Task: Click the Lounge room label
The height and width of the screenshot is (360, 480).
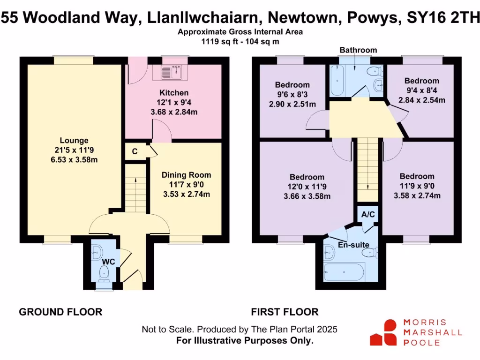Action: click(x=74, y=140)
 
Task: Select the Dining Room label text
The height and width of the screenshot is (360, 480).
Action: click(x=186, y=175)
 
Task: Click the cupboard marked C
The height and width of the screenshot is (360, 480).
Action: click(x=135, y=151)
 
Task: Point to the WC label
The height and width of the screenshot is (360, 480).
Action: click(x=109, y=262)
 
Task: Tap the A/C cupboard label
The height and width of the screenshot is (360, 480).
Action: click(x=367, y=215)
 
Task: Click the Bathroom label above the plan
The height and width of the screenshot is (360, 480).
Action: click(x=358, y=50)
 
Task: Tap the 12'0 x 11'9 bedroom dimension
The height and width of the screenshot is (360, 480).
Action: click(x=307, y=187)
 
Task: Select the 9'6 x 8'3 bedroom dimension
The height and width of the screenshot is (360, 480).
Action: click(x=292, y=94)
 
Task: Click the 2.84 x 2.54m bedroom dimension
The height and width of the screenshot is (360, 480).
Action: click(x=421, y=100)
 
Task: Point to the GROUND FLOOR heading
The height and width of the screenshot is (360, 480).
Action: click(x=60, y=312)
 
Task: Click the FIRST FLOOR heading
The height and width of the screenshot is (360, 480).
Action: click(x=285, y=312)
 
